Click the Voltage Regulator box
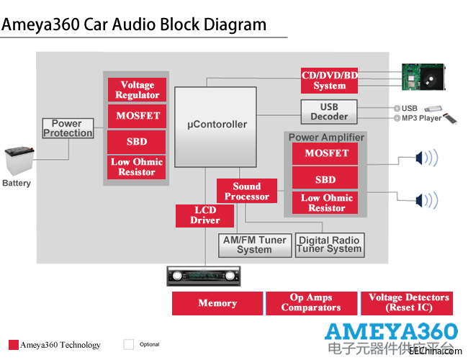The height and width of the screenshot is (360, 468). [138, 90]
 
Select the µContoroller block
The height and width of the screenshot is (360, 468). [216, 124]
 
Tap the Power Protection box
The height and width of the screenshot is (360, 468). [68, 128]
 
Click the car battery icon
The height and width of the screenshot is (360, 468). [17, 162]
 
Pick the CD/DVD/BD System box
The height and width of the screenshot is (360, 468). [330, 80]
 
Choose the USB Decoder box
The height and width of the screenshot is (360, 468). [329, 112]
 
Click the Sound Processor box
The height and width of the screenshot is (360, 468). [247, 191]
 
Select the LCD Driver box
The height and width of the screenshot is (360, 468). [204, 215]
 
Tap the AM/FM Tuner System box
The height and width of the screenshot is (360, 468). [254, 245]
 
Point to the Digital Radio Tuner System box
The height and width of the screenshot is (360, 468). [329, 245]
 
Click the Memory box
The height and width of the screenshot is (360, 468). [217, 303]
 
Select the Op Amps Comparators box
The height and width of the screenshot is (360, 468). [311, 303]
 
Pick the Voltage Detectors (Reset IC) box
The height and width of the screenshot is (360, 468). [408, 303]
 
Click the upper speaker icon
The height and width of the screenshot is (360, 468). [425, 157]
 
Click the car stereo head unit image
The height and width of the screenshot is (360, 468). [202, 275]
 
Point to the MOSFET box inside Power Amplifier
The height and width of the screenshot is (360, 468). [327, 153]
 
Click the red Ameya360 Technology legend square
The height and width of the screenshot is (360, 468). [13, 344]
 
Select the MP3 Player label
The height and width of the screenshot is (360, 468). [421, 118]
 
